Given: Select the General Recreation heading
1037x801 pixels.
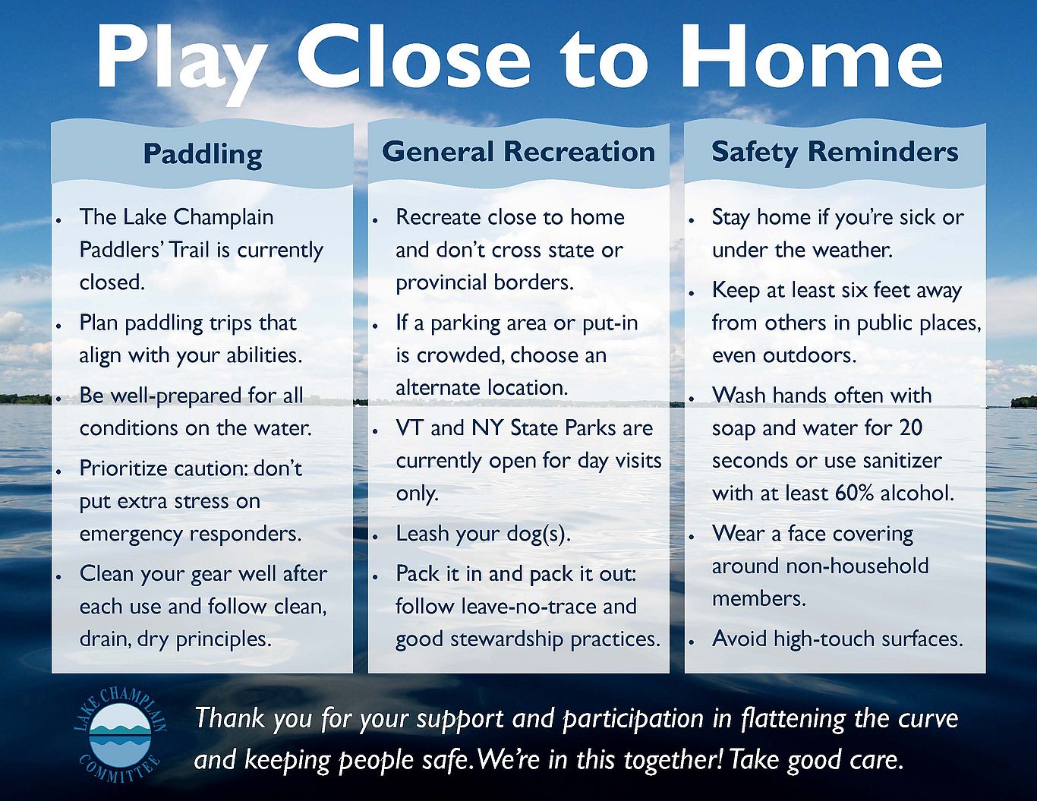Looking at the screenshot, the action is (x=518, y=152).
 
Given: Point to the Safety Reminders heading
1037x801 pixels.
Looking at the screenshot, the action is (x=834, y=152).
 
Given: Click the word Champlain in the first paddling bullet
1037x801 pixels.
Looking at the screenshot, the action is (x=223, y=218).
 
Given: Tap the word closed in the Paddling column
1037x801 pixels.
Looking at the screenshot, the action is (x=112, y=282).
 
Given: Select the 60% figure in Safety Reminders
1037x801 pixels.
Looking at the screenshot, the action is (x=854, y=494).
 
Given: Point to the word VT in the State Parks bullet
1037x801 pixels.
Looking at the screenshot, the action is (x=410, y=428).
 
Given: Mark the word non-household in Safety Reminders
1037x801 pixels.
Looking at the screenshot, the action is (x=857, y=566).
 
